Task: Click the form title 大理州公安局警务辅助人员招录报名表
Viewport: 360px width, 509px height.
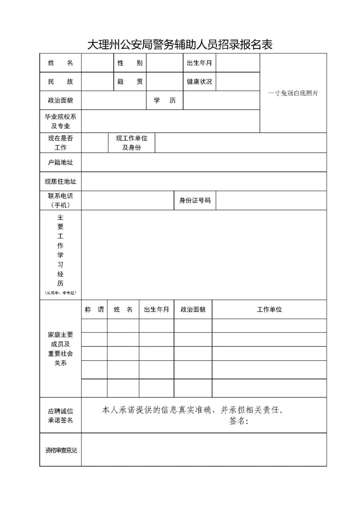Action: tap(180, 44)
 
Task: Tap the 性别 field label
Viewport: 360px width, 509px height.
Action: tap(130, 63)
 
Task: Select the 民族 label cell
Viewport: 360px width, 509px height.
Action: tap(60, 82)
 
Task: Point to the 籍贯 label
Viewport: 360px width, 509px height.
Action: tap(130, 82)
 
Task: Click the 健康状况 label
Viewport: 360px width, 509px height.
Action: tap(199, 82)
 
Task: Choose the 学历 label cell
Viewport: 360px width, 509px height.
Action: tap(165, 100)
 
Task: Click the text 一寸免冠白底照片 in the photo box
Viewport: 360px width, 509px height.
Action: tap(293, 93)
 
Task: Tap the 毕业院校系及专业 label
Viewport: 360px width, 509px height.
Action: tap(60, 121)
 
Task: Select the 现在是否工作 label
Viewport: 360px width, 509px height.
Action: tap(60, 143)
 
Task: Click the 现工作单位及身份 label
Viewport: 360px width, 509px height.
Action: tap(131, 143)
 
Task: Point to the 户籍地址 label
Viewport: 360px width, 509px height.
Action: tap(60, 162)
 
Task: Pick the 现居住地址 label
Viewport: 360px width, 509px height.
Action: tap(60, 182)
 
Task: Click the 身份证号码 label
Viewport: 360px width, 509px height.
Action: tap(195, 200)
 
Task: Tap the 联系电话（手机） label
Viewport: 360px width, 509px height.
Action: tap(60, 200)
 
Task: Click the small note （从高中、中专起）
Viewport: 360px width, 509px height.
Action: tap(60, 293)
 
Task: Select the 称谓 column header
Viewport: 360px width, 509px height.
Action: tap(94, 310)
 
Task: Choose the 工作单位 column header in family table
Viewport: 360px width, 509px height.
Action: tap(269, 310)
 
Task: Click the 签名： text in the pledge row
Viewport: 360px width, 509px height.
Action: tap(239, 421)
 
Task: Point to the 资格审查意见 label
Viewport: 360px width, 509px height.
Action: tap(61, 450)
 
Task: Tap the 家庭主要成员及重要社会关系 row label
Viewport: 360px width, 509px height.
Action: tap(60, 349)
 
